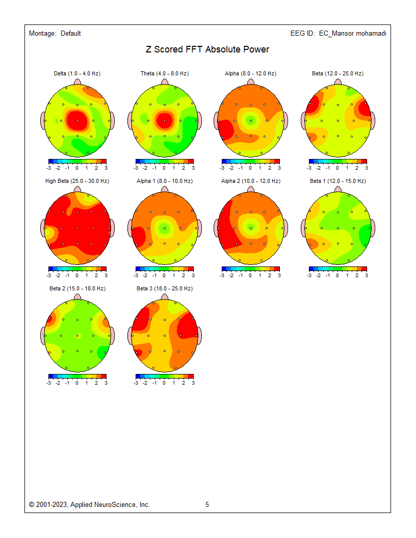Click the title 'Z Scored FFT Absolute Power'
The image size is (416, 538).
click(207, 49)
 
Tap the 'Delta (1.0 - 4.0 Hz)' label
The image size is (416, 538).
click(77, 74)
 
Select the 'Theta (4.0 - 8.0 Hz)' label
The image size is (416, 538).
click(164, 74)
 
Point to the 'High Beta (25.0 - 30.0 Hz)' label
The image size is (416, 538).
click(77, 181)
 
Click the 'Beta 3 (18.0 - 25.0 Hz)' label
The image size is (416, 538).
click(164, 289)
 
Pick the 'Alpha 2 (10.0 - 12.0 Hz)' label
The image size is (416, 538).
click(250, 181)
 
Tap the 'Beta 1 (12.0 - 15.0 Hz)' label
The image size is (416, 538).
click(337, 181)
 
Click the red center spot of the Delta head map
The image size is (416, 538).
click(77, 120)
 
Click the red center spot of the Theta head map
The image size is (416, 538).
click(164, 121)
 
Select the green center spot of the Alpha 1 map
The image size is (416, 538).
click(164, 228)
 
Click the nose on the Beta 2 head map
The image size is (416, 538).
click(77, 297)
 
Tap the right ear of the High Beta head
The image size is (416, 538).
click(112, 228)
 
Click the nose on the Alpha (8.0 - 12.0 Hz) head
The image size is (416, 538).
click(250, 82)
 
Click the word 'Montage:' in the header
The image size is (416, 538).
click(42, 34)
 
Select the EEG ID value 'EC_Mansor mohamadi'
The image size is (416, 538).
click(352, 34)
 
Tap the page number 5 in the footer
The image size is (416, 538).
click(207, 505)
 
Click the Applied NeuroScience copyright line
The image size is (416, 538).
click(90, 505)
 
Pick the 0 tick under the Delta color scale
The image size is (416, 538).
click(77, 168)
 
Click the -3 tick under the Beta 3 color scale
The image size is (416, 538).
click(136, 383)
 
